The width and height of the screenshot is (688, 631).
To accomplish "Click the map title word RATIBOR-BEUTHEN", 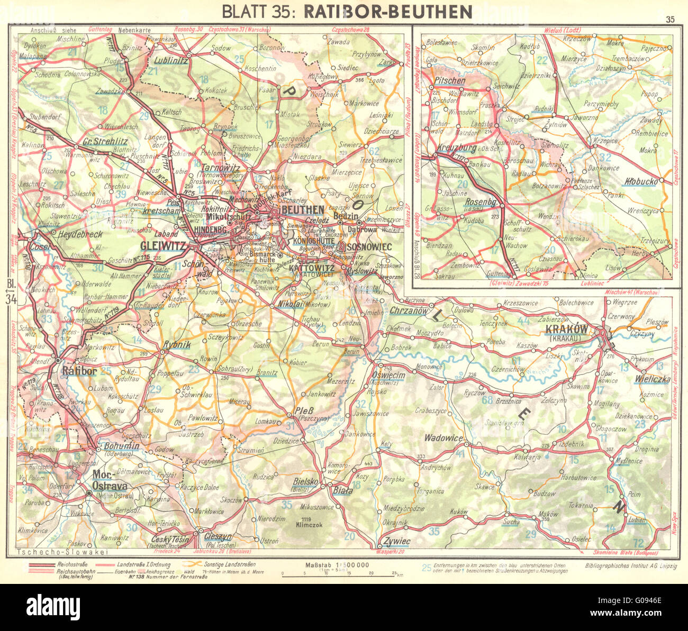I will click(x=381, y=11).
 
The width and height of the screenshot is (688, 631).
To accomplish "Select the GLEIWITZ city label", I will click(x=162, y=246).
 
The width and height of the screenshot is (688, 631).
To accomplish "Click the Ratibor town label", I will click(x=79, y=371).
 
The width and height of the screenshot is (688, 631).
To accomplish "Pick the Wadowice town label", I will click(x=444, y=438).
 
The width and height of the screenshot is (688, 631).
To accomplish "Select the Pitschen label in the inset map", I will click(x=450, y=81).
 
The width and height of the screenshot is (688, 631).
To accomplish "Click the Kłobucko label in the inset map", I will click(x=641, y=181).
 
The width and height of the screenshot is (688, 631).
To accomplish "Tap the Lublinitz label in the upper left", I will click(x=168, y=61).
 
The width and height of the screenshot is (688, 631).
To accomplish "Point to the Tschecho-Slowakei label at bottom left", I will click(x=62, y=552).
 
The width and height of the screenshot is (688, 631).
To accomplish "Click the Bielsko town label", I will click(x=305, y=482).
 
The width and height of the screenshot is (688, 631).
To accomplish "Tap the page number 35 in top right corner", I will click(x=670, y=20).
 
